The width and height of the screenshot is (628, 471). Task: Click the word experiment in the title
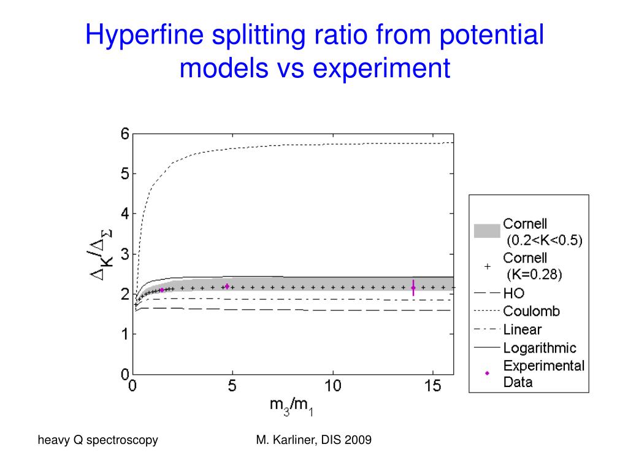pyautogui.click(x=382, y=68)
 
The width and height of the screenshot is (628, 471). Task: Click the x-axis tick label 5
pyautogui.click(x=232, y=387)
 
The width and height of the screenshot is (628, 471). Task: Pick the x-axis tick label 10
pyautogui.click(x=332, y=387)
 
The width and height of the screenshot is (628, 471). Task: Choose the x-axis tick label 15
pyautogui.click(x=432, y=387)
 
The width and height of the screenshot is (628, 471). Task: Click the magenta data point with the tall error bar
pyautogui.click(x=413, y=287)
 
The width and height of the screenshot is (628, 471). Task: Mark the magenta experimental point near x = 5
pyautogui.click(x=227, y=286)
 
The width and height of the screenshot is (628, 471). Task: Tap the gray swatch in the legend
pyautogui.click(x=487, y=231)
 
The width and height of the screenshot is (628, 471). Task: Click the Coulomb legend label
pyautogui.click(x=531, y=311)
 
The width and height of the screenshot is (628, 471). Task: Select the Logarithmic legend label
pyautogui.click(x=540, y=348)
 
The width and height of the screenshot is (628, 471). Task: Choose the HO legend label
pyautogui.click(x=514, y=293)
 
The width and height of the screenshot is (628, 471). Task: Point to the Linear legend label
pyautogui.click(x=523, y=329)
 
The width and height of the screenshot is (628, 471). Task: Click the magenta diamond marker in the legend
pyautogui.click(x=488, y=373)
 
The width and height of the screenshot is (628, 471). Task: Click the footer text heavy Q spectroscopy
pyautogui.click(x=98, y=440)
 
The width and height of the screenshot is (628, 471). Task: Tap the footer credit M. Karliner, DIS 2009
pyautogui.click(x=313, y=440)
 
